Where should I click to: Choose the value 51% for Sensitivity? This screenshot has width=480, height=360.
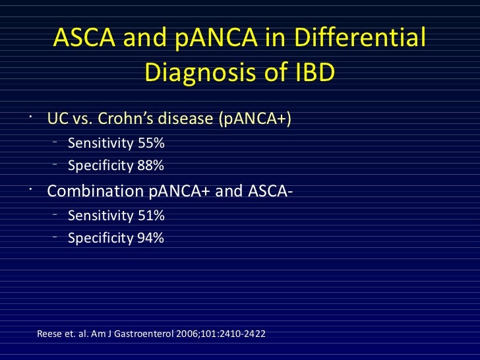150,216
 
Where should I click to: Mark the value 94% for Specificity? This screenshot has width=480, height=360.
150,239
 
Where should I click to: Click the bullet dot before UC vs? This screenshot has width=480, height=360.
30,116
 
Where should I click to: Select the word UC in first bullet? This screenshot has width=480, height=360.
55,119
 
